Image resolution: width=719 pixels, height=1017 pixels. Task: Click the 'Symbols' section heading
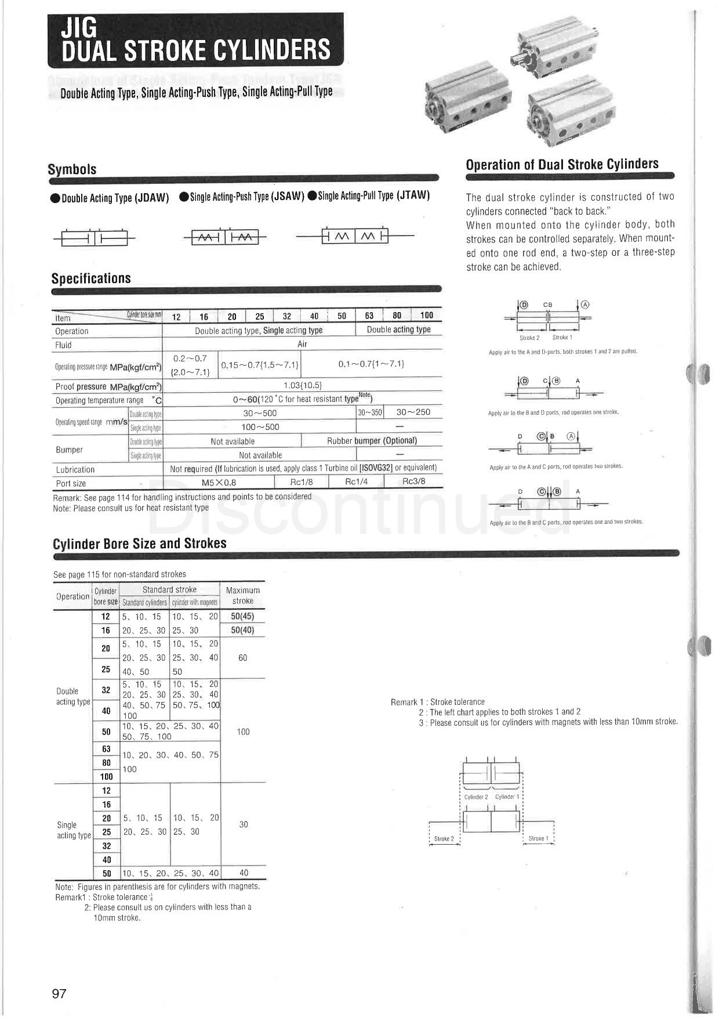[x=72, y=169]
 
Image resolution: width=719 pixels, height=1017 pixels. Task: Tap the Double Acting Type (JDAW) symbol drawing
[x=94, y=238]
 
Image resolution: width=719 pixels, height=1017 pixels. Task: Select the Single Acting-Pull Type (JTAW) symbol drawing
[x=355, y=236]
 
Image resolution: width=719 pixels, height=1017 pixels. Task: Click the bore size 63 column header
[x=369, y=316]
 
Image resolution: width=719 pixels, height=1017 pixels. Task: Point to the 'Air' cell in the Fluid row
[x=302, y=344]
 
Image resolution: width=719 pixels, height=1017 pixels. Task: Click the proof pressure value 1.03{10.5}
[x=302, y=385]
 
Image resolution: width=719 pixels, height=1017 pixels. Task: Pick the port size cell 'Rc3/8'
[x=413, y=482]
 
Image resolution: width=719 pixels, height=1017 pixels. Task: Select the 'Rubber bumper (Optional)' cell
[x=372, y=440]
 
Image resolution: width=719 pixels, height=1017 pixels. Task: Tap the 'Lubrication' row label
[x=75, y=469]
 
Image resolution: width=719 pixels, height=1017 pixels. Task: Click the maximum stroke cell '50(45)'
[x=242, y=616]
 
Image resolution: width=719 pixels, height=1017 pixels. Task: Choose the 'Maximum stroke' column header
[x=242, y=595]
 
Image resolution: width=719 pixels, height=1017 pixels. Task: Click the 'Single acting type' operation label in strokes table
[x=74, y=830]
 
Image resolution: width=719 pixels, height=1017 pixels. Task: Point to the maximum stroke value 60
[x=242, y=657]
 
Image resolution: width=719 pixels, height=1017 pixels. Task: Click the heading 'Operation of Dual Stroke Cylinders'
[x=562, y=164]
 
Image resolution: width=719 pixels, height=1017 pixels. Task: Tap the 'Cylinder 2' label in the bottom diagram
[x=476, y=797]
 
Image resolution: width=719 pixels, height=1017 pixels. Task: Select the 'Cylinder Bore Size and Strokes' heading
[x=139, y=544]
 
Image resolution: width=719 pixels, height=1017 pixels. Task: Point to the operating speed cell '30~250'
[x=413, y=412]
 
